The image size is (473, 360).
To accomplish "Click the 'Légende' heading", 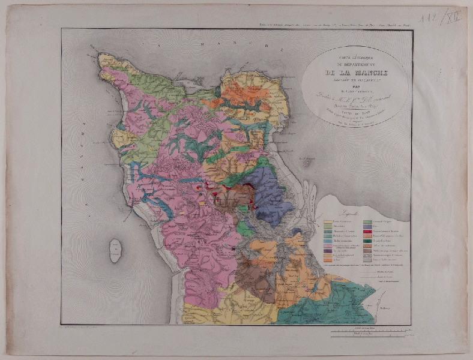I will tap(349, 214).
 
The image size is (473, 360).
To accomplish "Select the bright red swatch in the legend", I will tap(367, 232).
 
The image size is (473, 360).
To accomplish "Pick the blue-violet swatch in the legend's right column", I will tap(367, 226).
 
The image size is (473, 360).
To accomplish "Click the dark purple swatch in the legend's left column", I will tap(328, 251).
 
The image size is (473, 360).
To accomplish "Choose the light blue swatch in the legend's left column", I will tap(328, 241).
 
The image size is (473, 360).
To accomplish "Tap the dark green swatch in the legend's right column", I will tap(367, 241).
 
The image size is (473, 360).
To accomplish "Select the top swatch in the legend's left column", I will tap(328, 222).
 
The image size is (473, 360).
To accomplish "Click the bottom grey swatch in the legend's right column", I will tap(367, 260).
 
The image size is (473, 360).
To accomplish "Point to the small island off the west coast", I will tap(114, 250).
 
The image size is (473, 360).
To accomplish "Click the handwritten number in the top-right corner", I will tap(442, 19).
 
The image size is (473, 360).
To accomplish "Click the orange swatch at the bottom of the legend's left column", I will tap(328, 260).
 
